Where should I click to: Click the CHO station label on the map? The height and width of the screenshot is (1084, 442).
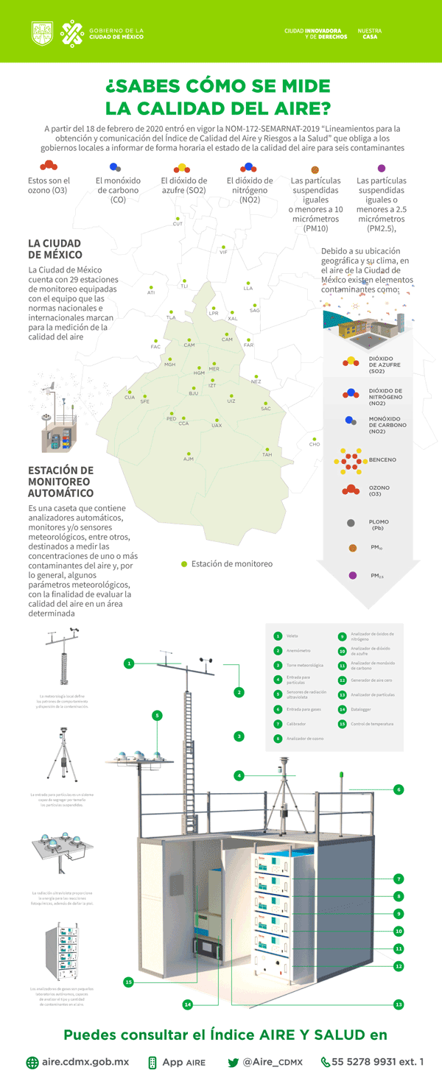pos(315,444)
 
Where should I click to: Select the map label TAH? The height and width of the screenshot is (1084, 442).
pos(267,454)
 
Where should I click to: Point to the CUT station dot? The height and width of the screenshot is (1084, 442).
pos(178,218)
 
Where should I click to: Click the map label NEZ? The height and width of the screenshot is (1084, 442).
pos(256,381)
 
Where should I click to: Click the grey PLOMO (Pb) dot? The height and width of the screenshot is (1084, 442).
pos(351,523)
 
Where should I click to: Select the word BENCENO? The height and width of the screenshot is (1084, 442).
pos(382,460)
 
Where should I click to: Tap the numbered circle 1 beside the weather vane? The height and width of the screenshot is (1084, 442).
pos(129,664)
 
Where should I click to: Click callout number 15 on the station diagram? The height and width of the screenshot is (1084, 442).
pos(128,982)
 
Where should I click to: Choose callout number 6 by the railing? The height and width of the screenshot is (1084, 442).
pos(398,789)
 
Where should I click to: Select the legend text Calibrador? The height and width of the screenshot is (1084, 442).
pos(295,724)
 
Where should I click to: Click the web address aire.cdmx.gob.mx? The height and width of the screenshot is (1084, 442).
pos(85,1062)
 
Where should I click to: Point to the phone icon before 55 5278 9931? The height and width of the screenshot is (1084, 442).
pos(325,1062)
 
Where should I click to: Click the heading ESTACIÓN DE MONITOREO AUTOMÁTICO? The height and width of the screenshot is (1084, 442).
pos(60,482)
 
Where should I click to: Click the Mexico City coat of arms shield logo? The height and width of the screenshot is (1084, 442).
pos(41,32)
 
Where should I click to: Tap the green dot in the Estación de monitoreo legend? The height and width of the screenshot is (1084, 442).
pos(184,564)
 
